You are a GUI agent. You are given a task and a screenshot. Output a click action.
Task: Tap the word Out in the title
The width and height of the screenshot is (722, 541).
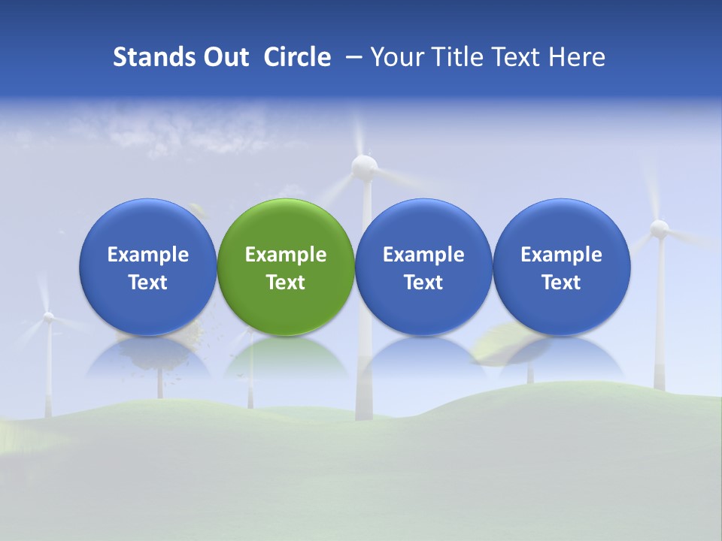[225, 57]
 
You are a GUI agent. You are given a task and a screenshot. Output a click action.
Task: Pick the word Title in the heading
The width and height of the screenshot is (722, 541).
[455, 57]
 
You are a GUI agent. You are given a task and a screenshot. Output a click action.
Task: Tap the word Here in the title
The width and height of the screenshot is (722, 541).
[578, 57]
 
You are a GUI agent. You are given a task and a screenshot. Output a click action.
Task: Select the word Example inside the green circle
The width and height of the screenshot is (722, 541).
[286, 255]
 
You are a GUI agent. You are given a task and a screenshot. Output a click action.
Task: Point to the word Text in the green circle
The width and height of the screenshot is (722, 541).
[286, 283]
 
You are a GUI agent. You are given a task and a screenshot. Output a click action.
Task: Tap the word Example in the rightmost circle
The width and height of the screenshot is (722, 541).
[562, 255]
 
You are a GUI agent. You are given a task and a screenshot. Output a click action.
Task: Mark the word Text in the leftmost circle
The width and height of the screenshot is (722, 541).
[147, 283]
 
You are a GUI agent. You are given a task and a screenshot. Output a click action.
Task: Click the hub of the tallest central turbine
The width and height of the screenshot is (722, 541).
[365, 167]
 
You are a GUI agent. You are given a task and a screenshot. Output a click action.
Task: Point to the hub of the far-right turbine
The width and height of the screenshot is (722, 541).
[660, 228]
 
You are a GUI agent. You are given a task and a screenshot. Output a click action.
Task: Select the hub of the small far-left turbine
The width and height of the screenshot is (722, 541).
[48, 317]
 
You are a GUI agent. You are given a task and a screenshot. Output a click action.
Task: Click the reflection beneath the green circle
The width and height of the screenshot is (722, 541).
[286, 358]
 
